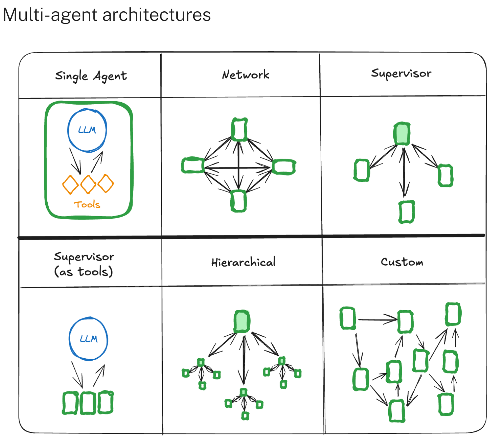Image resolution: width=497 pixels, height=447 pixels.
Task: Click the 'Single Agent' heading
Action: pyautogui.click(x=91, y=76)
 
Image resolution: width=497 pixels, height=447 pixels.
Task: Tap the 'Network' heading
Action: pyautogui.click(x=246, y=75)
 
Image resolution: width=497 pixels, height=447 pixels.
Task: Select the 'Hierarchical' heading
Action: pyautogui.click(x=243, y=262)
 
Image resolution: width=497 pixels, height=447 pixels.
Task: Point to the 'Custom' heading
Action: pyautogui.click(x=402, y=262)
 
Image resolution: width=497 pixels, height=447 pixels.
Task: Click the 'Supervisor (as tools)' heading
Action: pyautogui.click(x=84, y=264)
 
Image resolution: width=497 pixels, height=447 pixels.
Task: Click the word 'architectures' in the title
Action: pyautogui.click(x=157, y=15)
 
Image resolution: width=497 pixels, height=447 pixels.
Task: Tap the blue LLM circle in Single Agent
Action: pyautogui.click(x=87, y=130)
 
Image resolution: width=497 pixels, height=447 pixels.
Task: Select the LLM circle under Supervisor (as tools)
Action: pyautogui.click(x=88, y=339)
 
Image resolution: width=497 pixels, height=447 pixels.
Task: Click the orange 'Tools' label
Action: pyautogui.click(x=87, y=205)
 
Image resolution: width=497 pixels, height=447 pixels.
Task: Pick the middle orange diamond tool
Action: pyautogui.click(x=88, y=184)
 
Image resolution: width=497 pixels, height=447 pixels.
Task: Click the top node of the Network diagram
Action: pyautogui.click(x=239, y=129)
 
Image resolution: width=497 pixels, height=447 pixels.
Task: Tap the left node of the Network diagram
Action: pyautogui.click(x=193, y=165)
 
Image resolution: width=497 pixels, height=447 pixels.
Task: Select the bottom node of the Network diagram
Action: pyautogui.click(x=238, y=201)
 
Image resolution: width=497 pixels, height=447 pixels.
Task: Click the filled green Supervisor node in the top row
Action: pyautogui.click(x=402, y=134)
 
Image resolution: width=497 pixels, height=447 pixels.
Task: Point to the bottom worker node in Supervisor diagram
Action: pyautogui.click(x=406, y=212)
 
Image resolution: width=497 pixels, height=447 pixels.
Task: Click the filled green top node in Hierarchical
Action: pyautogui.click(x=242, y=322)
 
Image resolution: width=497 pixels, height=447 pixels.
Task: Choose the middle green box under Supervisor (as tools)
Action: pyautogui.click(x=88, y=403)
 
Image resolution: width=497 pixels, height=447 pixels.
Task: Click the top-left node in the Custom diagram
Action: pyautogui.click(x=348, y=318)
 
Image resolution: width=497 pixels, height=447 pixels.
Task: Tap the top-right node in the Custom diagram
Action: pyautogui.click(x=453, y=314)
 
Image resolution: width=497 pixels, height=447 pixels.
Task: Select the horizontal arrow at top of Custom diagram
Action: pyautogui.click(x=377, y=320)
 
